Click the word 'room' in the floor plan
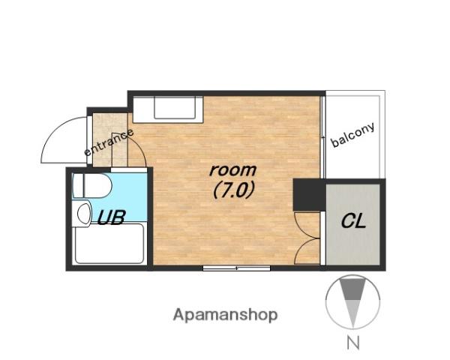232,170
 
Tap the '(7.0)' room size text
234,190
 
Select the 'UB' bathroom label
111,217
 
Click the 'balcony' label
353,135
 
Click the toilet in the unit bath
91,186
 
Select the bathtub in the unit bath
109,244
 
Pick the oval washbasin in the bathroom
84,214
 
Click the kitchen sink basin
175,107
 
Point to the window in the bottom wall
236,268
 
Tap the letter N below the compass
353,343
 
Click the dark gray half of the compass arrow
352,289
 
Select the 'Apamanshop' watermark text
225,315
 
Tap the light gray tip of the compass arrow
352,313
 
